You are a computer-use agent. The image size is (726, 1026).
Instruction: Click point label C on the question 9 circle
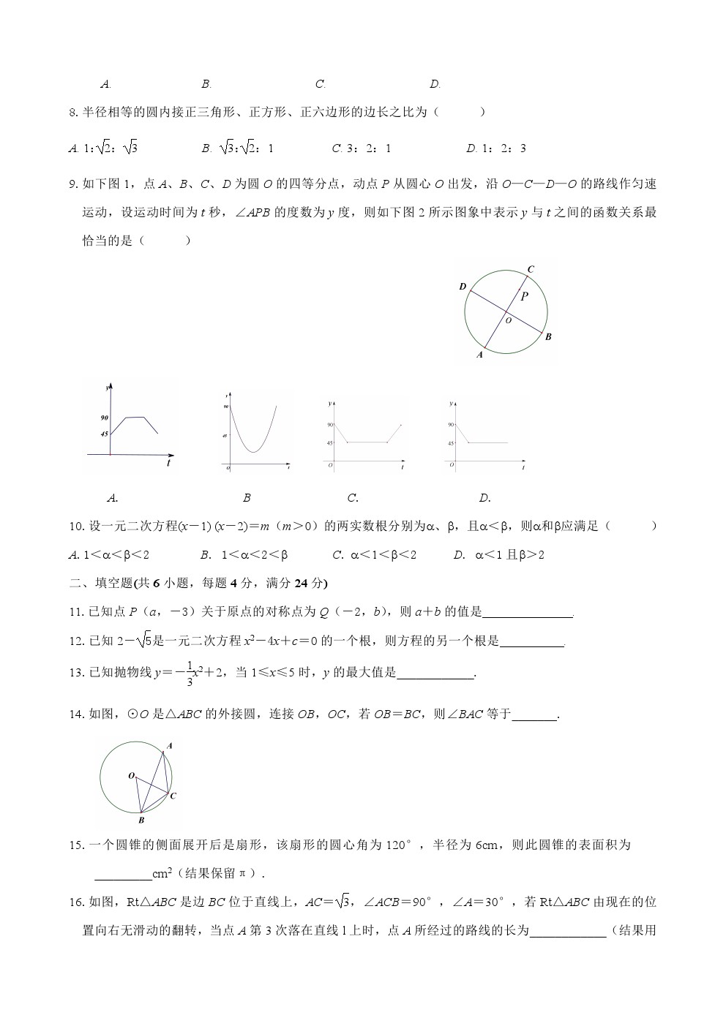pyautogui.click(x=531, y=269)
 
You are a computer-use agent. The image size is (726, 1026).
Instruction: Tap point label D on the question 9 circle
pyautogui.click(x=463, y=287)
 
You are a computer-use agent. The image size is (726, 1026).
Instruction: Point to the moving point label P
pyautogui.click(x=524, y=296)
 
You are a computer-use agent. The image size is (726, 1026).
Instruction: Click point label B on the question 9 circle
pyautogui.click(x=548, y=336)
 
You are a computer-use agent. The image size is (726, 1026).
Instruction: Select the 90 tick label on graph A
pyautogui.click(x=105, y=418)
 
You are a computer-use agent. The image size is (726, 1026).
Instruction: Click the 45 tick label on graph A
pyautogui.click(x=105, y=434)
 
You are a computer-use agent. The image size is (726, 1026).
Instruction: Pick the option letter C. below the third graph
pyautogui.click(x=353, y=498)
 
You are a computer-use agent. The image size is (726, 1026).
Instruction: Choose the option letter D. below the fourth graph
pyautogui.click(x=484, y=498)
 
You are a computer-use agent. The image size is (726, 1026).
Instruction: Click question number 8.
pyautogui.click(x=72, y=113)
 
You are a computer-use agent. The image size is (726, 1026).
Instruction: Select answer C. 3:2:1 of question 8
pyautogui.click(x=362, y=148)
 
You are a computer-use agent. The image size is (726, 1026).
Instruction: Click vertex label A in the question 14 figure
pyautogui.click(x=170, y=746)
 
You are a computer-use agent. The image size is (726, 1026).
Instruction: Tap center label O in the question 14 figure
pyautogui.click(x=131, y=775)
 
